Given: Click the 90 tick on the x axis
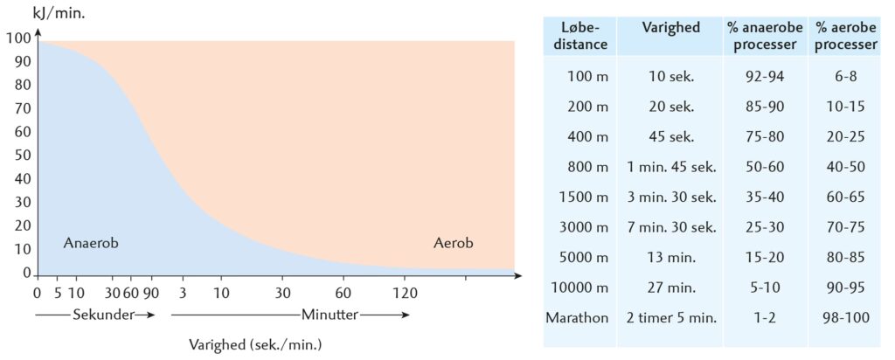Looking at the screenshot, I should click(150, 292).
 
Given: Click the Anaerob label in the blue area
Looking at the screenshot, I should click(91, 244).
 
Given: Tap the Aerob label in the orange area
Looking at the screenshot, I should click(453, 244).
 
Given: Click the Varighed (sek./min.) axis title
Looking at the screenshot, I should click(256, 344).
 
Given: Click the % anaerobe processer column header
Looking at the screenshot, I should click(756, 36).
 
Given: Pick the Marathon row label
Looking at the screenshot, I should click(576, 318).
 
